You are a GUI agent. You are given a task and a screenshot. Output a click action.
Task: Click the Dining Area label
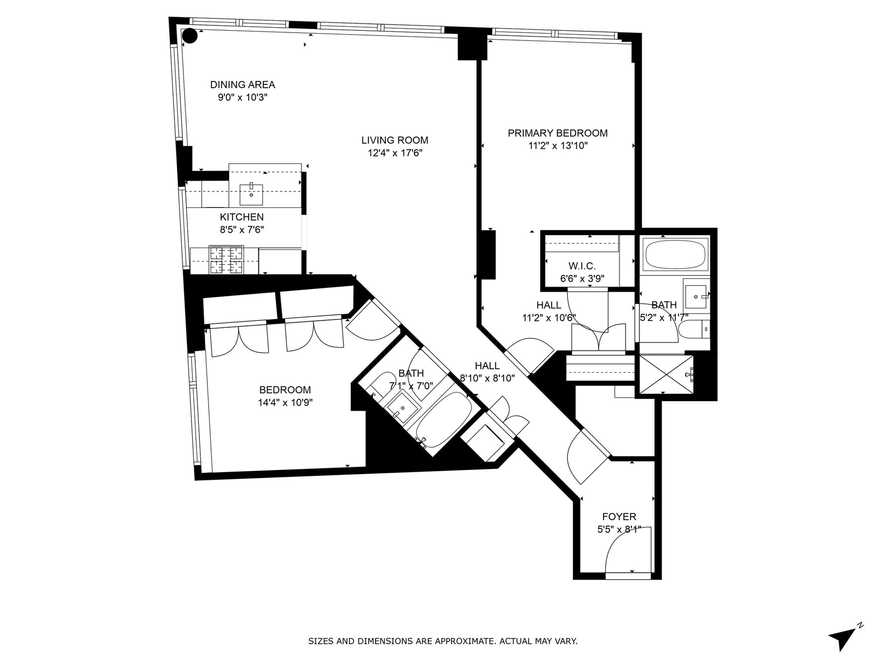click(x=242, y=85)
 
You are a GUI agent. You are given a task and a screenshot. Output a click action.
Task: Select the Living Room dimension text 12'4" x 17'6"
click(x=395, y=153)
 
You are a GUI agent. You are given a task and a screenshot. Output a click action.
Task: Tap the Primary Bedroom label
click(x=557, y=133)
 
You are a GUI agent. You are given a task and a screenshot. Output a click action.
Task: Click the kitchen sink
click(x=251, y=194)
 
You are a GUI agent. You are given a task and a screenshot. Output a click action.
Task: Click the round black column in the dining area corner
click(x=190, y=36)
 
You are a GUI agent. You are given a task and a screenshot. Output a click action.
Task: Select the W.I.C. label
click(x=582, y=266)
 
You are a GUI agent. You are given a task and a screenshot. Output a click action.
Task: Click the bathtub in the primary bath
click(x=675, y=255)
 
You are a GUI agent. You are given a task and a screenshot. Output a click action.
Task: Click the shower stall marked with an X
click(x=664, y=374)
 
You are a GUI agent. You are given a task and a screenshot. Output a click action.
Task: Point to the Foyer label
click(x=619, y=517)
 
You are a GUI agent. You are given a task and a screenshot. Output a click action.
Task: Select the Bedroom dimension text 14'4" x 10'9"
click(x=285, y=403)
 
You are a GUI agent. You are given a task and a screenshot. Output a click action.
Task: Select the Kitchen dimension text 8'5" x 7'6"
click(x=242, y=230)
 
